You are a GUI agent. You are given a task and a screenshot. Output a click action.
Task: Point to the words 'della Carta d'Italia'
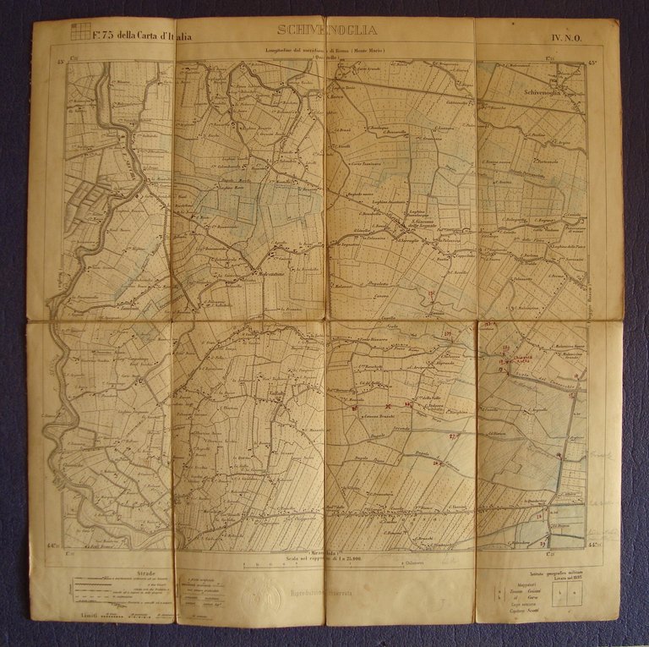[x=156, y=36]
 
